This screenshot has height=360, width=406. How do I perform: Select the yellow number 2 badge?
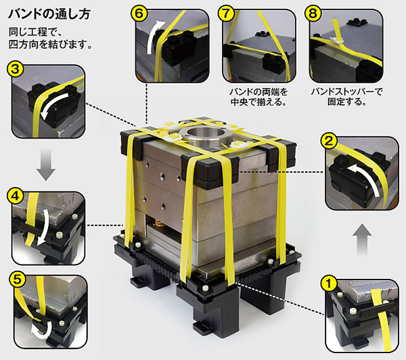[329, 141]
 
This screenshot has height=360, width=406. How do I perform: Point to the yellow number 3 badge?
[16, 68]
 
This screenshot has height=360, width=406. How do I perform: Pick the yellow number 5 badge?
[16, 277]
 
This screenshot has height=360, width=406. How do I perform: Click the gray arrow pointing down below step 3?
[45, 166]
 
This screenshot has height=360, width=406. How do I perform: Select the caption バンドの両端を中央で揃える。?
[254, 97]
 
